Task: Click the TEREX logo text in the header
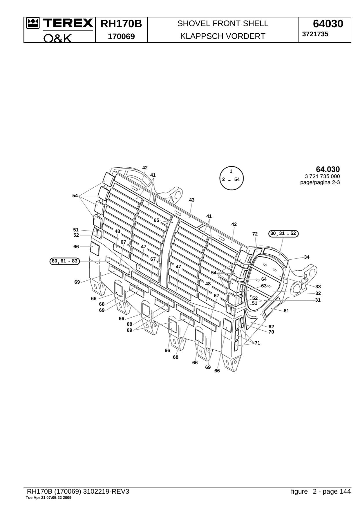point(68,23)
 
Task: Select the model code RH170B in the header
point(121,24)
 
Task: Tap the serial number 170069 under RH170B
point(121,37)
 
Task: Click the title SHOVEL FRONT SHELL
point(223,23)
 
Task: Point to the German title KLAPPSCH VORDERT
point(223,36)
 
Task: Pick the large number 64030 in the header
point(328,24)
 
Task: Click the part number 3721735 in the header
point(315,34)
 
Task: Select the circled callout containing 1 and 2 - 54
point(231,178)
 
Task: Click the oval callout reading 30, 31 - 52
point(283,233)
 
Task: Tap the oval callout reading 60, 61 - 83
point(65,261)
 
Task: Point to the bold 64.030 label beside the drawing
point(328,169)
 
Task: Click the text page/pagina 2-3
point(320,182)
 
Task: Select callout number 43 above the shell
point(192,200)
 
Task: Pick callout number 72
point(255,234)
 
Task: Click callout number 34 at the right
point(307,257)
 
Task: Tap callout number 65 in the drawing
point(156,220)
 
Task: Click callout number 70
point(271,332)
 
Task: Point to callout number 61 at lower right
point(286,311)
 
